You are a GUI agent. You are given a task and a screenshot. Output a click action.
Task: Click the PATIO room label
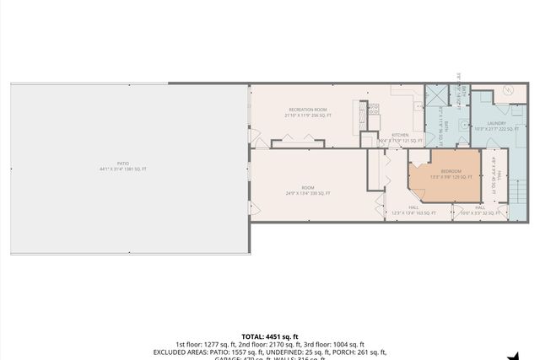click(122, 165)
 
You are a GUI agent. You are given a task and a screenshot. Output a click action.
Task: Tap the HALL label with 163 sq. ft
click(413, 210)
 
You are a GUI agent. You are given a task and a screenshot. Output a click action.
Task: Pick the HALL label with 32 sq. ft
click(479, 210)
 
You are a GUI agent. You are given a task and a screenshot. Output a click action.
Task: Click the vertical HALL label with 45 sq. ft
click(495, 175)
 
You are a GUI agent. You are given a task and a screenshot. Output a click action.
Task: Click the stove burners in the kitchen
click(374, 108)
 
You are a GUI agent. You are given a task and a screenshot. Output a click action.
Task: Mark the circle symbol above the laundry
click(509, 90)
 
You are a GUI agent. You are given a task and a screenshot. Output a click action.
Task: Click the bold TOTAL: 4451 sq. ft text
click(269, 336)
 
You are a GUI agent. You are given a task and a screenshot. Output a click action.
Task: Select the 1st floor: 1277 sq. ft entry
click(205, 344)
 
